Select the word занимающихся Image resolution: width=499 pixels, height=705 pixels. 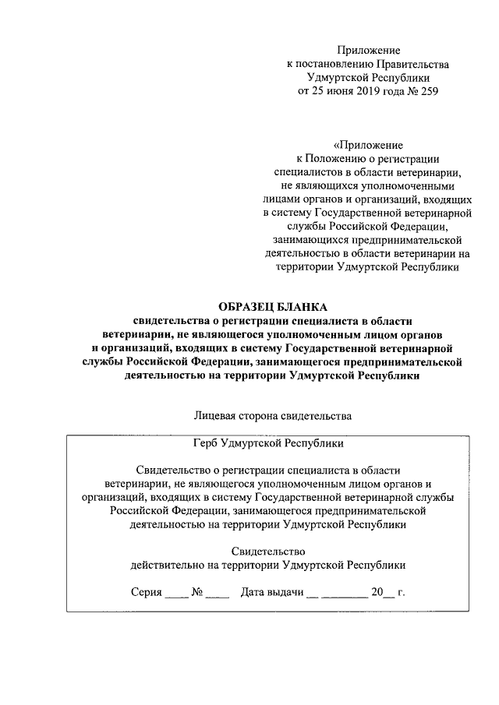coord(307,240)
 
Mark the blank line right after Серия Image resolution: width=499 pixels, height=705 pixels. coord(177,596)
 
